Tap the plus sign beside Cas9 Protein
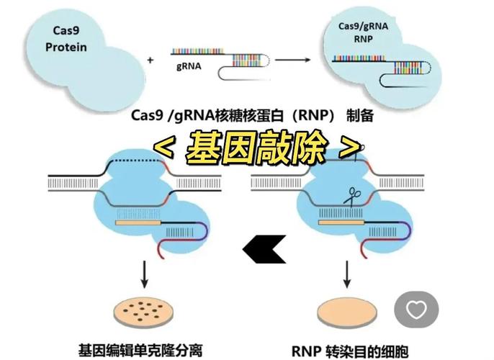pyautogui.click(x=151, y=61)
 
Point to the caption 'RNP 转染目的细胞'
pyautogui.click(x=351, y=348)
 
